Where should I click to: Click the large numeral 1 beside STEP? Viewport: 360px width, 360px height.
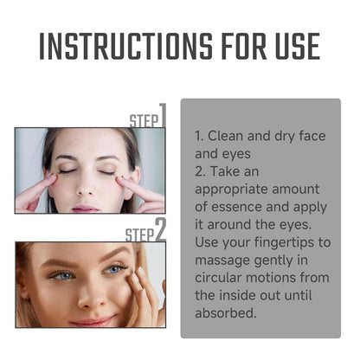[162, 115]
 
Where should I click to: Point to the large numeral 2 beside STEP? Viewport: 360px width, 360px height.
[160, 229]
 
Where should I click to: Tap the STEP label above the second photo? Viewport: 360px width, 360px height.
[139, 235]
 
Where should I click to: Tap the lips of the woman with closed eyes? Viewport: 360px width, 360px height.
[86, 208]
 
